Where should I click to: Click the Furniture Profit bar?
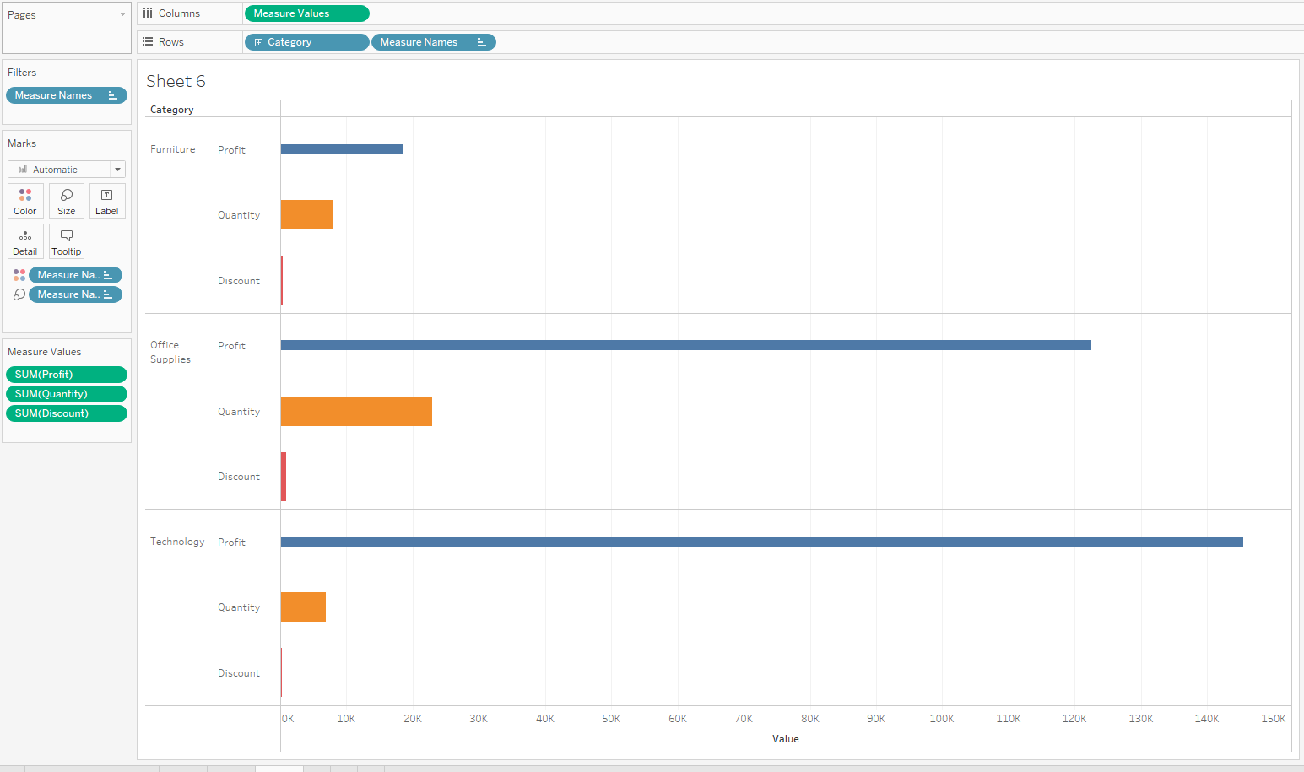click(342, 149)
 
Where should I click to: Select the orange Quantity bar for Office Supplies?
click(356, 411)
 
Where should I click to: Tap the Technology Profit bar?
click(762, 542)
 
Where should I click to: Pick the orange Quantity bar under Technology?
click(303, 607)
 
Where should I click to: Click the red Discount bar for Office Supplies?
click(284, 477)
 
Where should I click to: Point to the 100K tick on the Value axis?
click(942, 719)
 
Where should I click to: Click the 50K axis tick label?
click(611, 719)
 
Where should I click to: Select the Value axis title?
click(785, 739)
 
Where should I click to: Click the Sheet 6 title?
click(176, 81)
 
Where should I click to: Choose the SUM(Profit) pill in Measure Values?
click(67, 375)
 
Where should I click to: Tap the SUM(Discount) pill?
click(67, 413)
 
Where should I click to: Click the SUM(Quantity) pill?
click(67, 394)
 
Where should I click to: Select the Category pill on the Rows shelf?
click(306, 42)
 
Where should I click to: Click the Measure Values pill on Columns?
click(306, 13)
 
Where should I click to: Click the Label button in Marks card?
click(107, 202)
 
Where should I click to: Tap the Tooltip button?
click(67, 241)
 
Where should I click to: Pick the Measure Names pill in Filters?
click(67, 95)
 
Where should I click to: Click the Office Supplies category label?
click(170, 352)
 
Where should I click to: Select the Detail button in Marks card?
click(25, 241)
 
